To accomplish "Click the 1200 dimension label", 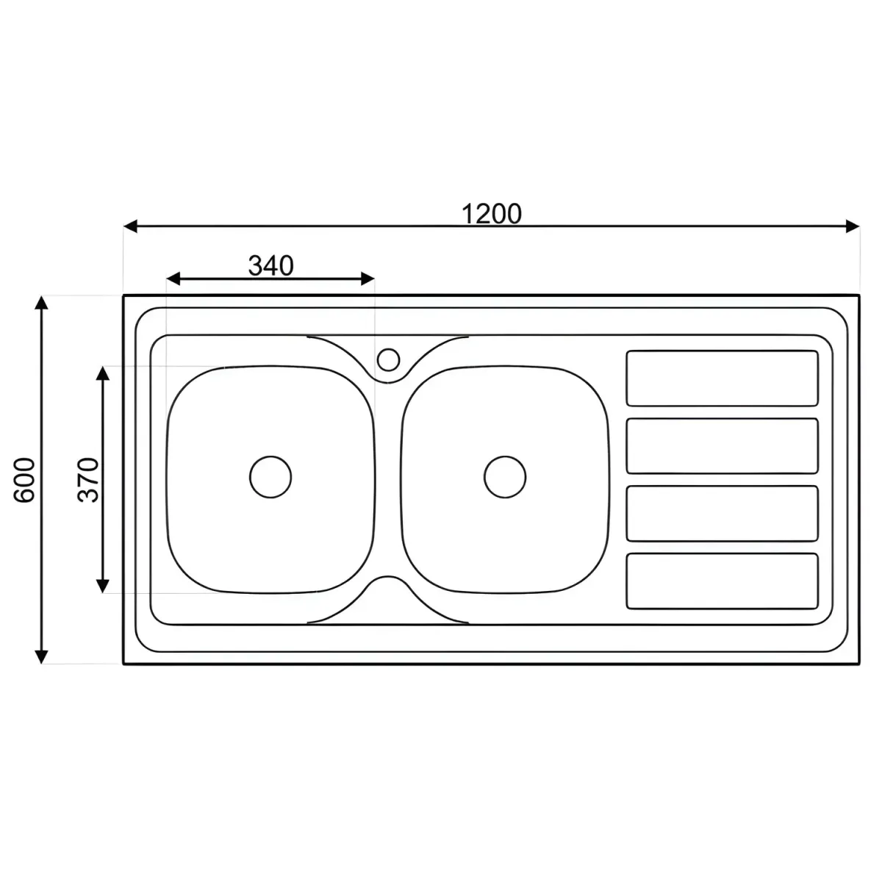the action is point(491,214).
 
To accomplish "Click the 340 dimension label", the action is point(270,266).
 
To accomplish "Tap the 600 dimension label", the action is point(24,480).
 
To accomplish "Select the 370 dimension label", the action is point(88,480).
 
